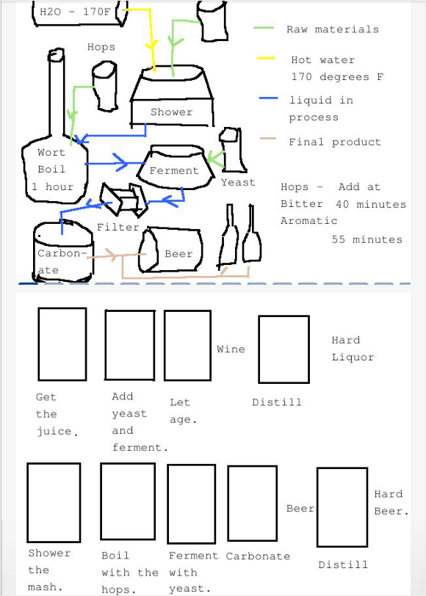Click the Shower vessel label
[171, 112]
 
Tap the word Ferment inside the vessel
[174, 170]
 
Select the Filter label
[118, 227]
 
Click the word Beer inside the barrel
[178, 254]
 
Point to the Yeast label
[238, 182]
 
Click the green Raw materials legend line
[264, 29]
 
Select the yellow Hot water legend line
[265, 59]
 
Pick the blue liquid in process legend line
[268, 99]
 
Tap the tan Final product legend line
[268, 140]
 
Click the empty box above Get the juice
[62, 344]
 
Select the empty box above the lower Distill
[342, 507]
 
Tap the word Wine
[231, 349]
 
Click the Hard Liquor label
[352, 349]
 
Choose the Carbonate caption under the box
[257, 556]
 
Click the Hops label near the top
[101, 47]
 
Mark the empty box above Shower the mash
[54, 502]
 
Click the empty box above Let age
[187, 345]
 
